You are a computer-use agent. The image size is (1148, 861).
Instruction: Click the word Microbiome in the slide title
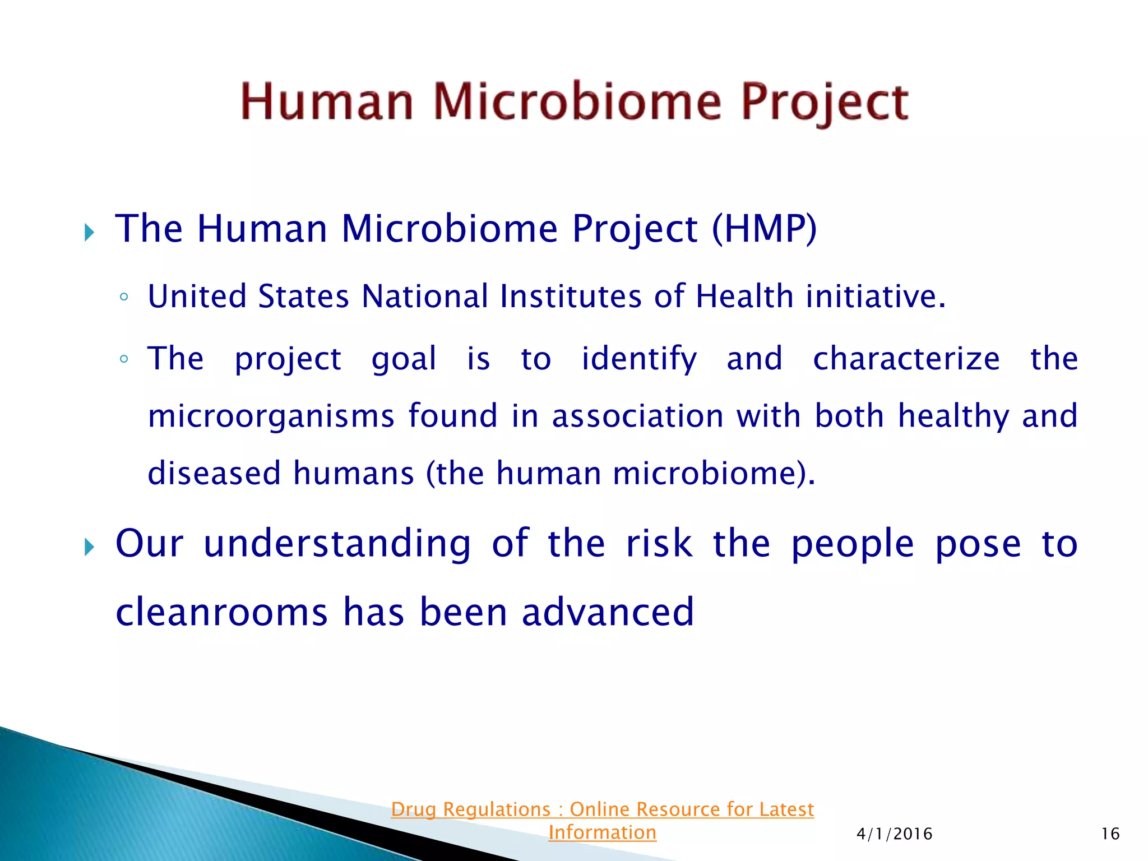tap(577, 102)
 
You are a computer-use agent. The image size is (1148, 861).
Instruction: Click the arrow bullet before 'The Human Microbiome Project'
tap(89, 232)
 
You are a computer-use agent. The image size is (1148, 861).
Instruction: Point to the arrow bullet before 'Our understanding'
tap(89, 547)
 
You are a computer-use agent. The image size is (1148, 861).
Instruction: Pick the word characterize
tap(906, 359)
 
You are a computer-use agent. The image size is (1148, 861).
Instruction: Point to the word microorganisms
tap(271, 416)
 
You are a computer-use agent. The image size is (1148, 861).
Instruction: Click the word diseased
tap(214, 473)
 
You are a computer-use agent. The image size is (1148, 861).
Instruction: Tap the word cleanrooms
tap(221, 612)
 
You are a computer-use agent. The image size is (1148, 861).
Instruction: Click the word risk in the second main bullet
tap(659, 544)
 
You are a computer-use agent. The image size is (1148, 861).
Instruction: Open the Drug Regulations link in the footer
tap(602, 809)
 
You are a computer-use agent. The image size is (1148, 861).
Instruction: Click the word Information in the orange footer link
tap(602, 832)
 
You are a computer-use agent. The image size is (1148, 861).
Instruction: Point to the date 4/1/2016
tap(894, 834)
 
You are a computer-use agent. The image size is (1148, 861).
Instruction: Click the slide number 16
tap(1110, 834)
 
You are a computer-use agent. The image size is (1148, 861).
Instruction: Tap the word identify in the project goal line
tap(639, 360)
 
